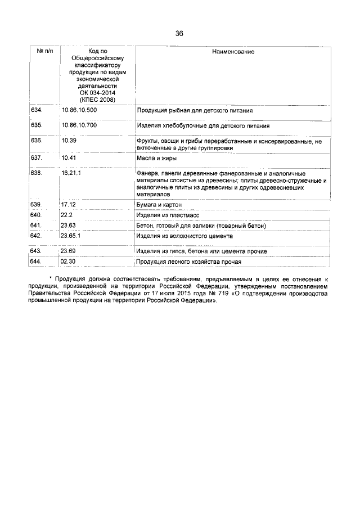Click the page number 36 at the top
click(x=179, y=33)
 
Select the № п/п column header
click(x=45, y=51)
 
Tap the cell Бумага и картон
click(x=159, y=205)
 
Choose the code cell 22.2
click(x=66, y=215)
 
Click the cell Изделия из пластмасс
click(x=165, y=215)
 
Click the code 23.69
click(x=68, y=251)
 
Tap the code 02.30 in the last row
click(x=68, y=262)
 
